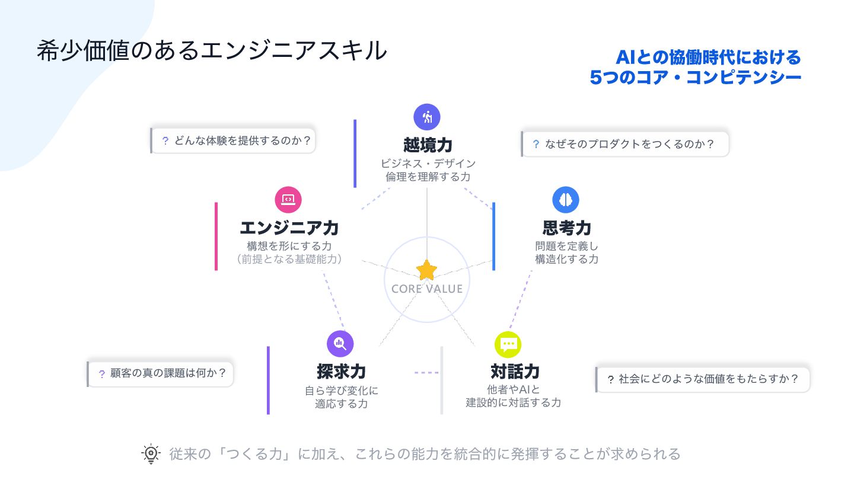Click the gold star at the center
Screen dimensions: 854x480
click(x=426, y=270)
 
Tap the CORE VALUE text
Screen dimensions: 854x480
click(x=427, y=289)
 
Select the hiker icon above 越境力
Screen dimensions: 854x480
click(x=427, y=117)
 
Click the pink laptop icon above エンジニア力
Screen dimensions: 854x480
click(x=288, y=200)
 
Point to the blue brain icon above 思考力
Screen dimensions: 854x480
click(x=566, y=200)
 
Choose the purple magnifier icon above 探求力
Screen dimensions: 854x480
click(x=340, y=343)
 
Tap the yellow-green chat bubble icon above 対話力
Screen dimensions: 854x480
click(x=508, y=344)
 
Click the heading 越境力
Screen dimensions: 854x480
click(x=428, y=145)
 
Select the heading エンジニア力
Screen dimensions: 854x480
click(x=289, y=228)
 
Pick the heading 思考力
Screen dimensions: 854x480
click(x=566, y=228)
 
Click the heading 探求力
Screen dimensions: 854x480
click(x=341, y=372)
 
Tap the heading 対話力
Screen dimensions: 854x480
click(x=515, y=372)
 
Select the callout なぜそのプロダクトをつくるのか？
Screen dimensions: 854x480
click(x=625, y=144)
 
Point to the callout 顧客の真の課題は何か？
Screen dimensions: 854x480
click(x=161, y=374)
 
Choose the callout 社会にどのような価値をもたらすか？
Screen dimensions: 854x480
click(x=703, y=379)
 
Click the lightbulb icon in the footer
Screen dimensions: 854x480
click(x=151, y=453)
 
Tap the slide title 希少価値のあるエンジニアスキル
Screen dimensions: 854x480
click(x=212, y=51)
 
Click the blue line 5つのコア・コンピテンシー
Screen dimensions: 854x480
click(x=695, y=78)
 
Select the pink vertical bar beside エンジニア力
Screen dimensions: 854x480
click(x=216, y=236)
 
